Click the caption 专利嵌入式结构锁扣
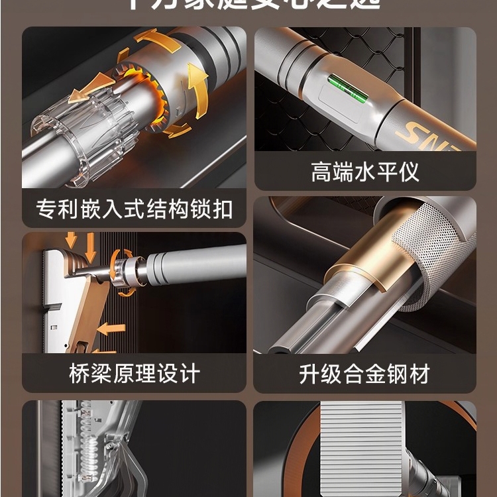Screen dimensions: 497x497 [134, 209]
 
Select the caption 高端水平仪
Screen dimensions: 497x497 [365, 173]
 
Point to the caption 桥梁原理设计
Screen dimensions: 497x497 [134, 373]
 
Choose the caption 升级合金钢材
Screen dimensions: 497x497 [365, 373]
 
